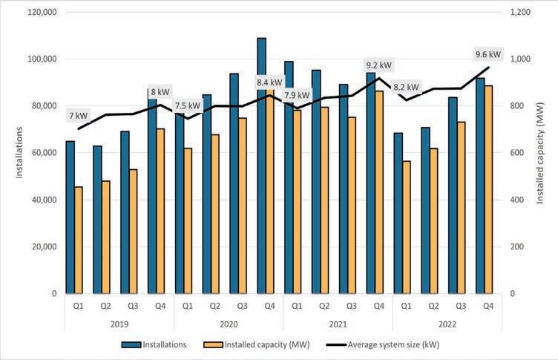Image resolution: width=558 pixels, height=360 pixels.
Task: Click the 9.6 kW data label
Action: [488, 54]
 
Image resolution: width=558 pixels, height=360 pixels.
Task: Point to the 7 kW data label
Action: [78, 116]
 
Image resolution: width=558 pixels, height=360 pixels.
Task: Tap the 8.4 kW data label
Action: [269, 82]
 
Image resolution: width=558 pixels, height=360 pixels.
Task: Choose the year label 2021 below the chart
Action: [338, 324]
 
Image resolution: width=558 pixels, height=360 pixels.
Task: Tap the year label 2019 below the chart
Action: [119, 324]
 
